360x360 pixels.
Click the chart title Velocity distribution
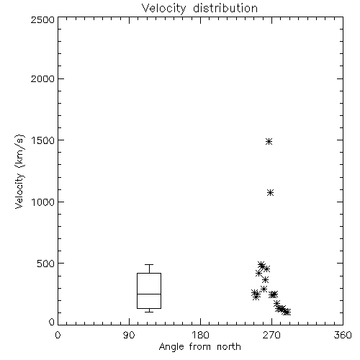tap(199, 8)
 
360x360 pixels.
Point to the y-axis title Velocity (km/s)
tap(19, 171)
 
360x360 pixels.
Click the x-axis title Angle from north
tap(199, 347)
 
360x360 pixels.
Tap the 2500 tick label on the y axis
tap(42, 19)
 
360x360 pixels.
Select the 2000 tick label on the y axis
tap(42, 78)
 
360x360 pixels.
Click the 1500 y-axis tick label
tap(43, 140)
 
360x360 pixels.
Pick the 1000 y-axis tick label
tap(43, 202)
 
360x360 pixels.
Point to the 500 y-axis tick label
tap(45, 264)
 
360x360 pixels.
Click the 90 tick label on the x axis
tap(129, 335)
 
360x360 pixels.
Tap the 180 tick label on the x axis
tap(200, 335)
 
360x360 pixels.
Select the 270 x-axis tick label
tap(271, 335)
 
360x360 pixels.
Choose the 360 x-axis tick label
tap(343, 335)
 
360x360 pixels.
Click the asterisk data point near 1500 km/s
tap(269, 141)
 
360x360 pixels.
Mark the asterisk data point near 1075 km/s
tap(271, 193)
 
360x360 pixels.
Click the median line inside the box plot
tap(149, 294)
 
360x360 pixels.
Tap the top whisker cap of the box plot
tap(149, 264)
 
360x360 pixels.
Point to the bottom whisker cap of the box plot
tap(149, 312)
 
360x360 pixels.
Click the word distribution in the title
tap(225, 8)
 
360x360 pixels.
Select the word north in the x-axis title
tap(229, 347)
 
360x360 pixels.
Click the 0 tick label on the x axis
tap(58, 335)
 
